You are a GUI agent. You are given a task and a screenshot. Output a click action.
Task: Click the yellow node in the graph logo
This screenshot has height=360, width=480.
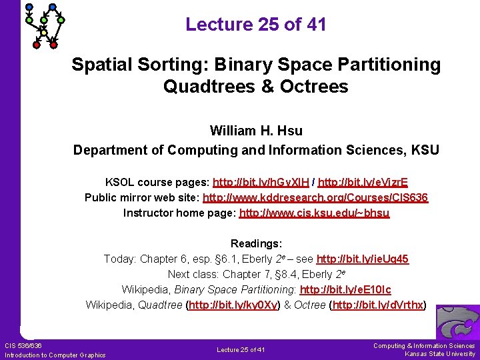pyautogui.click(x=44, y=33)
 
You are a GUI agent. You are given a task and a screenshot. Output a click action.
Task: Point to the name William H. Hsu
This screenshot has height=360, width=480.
pyautogui.click(x=256, y=130)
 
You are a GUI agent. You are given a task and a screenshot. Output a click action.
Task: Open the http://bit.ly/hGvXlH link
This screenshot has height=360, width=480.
pyautogui.click(x=263, y=181)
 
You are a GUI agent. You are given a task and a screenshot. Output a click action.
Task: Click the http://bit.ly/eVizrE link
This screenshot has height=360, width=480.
pyautogui.click(x=363, y=181)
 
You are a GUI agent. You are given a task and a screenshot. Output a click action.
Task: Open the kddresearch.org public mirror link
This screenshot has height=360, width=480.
pyautogui.click(x=315, y=197)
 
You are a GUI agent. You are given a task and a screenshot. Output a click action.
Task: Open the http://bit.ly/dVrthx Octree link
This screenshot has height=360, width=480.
pyautogui.click(x=377, y=305)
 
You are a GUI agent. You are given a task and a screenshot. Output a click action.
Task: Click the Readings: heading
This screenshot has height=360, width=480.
pyautogui.click(x=256, y=243)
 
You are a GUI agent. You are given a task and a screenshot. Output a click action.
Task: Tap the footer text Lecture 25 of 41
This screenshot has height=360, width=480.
pyautogui.click(x=241, y=350)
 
